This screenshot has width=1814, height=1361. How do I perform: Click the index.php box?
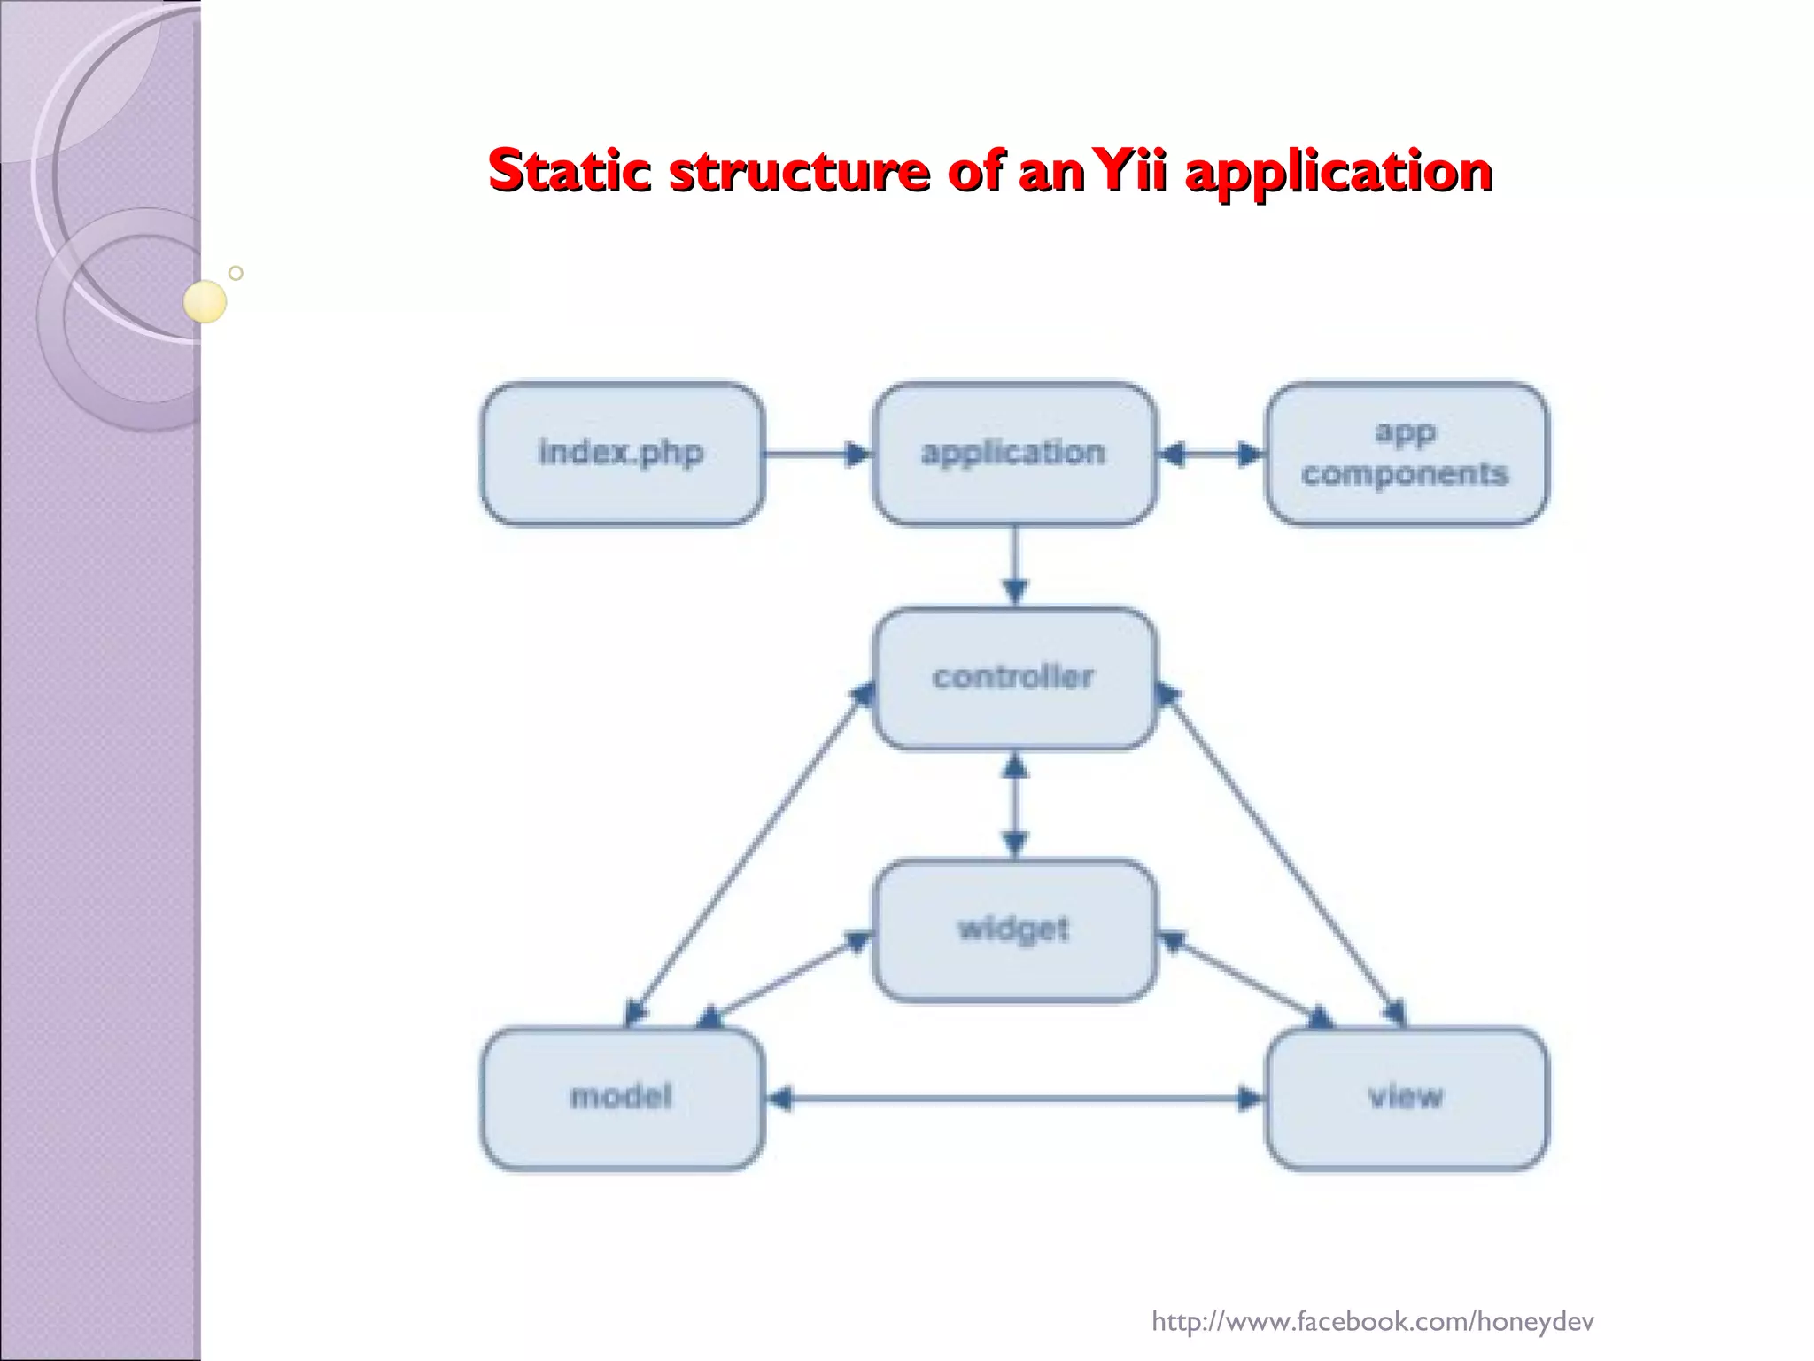[622, 454]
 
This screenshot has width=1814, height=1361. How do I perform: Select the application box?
[1014, 454]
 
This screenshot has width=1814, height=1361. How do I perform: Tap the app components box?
[1406, 454]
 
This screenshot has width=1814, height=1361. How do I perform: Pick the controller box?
[1014, 678]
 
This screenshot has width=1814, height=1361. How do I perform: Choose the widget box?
[1014, 930]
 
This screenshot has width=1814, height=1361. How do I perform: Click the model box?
[622, 1099]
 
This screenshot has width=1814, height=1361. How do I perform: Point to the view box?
[1406, 1099]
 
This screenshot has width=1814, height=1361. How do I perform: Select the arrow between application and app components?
[1211, 455]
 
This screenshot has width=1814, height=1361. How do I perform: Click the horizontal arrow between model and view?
[1014, 1100]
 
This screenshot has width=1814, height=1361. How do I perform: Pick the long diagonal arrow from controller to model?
[748, 855]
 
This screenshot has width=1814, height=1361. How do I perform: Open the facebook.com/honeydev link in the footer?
[1372, 1321]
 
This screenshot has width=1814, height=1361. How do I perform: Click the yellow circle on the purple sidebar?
[205, 301]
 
